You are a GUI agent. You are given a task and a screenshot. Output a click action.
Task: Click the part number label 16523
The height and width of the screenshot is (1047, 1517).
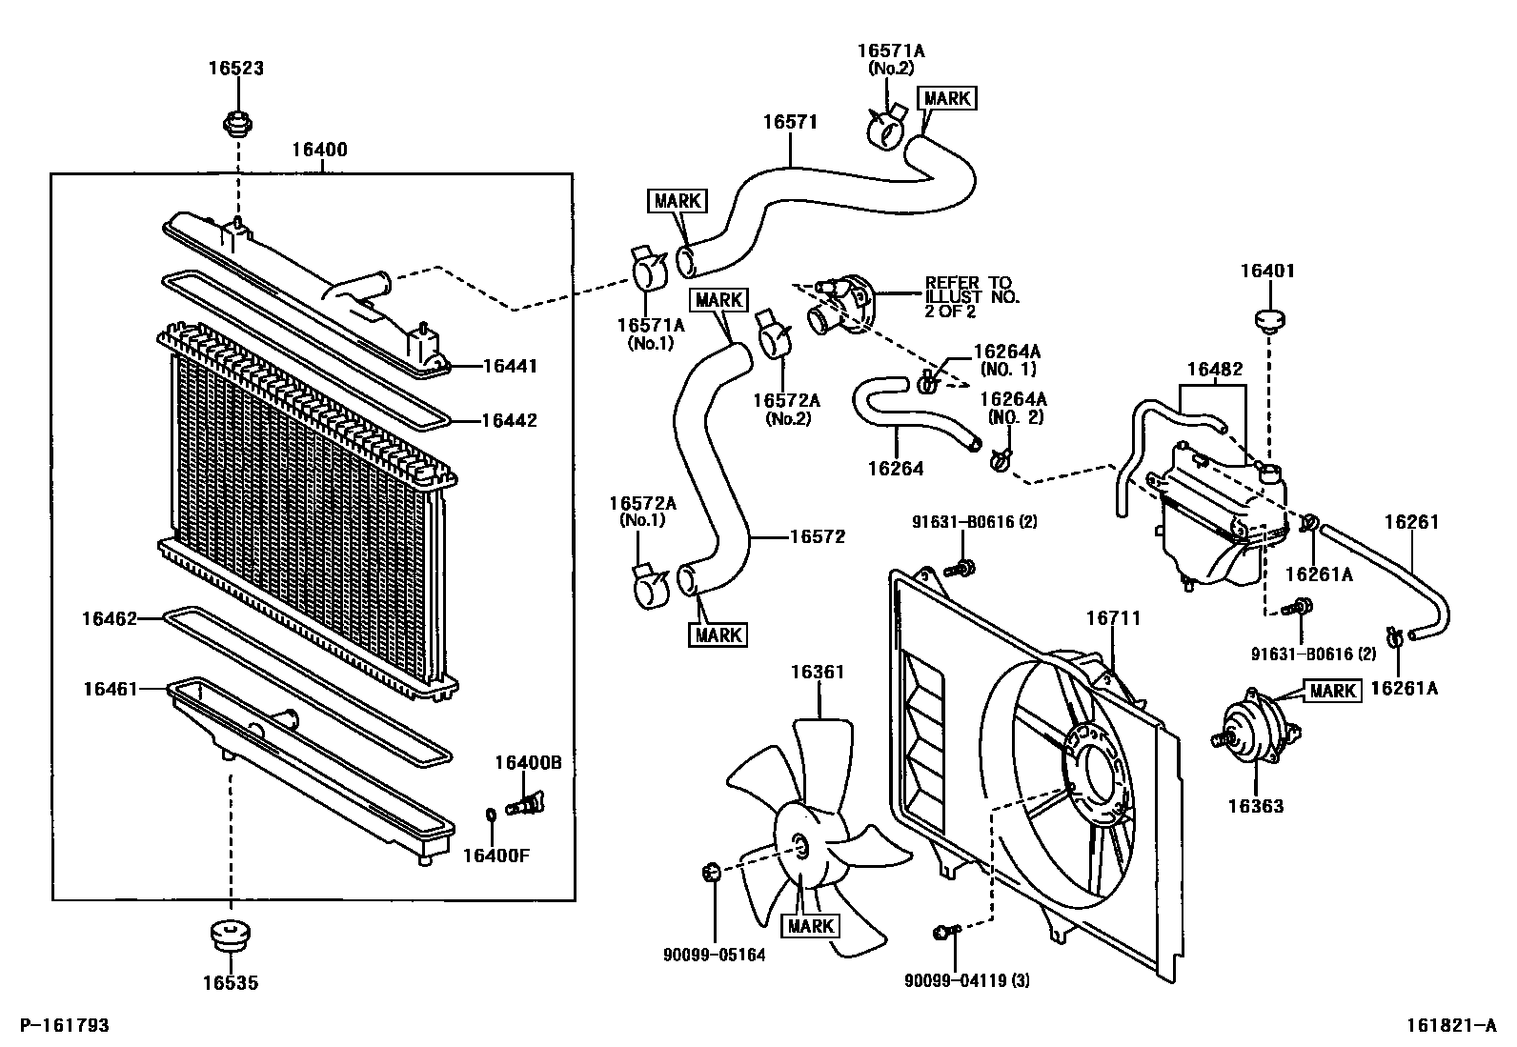tap(235, 68)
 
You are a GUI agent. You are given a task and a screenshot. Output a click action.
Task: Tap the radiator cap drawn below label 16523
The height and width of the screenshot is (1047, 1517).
tap(235, 123)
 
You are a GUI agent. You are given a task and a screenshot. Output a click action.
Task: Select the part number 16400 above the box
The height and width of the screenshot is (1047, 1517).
tap(319, 150)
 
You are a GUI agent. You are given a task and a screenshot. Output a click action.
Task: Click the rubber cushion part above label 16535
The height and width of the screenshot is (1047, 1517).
tap(229, 934)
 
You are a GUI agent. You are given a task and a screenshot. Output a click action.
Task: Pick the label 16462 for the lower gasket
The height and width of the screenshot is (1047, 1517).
tap(110, 618)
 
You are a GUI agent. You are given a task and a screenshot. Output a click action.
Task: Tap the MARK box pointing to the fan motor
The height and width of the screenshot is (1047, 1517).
tap(1332, 691)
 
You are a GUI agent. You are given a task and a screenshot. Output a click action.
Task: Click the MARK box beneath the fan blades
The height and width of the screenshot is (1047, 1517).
tap(810, 925)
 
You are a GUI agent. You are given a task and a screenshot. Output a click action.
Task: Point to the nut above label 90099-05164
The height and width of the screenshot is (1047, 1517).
tap(709, 870)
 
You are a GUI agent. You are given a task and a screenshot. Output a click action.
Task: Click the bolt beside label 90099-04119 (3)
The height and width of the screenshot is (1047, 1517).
tap(944, 932)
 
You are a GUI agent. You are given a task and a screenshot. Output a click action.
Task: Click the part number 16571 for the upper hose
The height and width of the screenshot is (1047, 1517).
tap(790, 122)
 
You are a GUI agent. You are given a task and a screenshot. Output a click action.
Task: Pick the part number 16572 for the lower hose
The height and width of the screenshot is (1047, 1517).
tap(817, 537)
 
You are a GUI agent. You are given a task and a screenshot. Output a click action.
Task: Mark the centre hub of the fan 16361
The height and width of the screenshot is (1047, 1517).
tap(799, 842)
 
